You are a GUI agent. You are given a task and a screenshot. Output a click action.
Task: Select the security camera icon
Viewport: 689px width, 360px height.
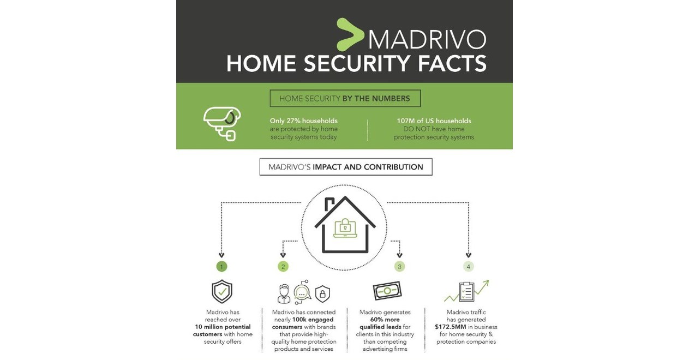coord(222,124)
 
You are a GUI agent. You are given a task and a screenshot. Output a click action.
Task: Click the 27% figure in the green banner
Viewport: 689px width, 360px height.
coord(292,121)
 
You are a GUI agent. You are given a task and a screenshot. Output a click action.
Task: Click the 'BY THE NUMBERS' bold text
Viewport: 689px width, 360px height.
coord(376,98)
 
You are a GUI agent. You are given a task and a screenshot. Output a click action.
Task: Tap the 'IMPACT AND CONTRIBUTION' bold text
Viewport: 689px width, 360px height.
coord(368,167)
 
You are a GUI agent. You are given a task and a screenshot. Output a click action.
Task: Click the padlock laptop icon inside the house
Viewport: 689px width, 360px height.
coord(345,228)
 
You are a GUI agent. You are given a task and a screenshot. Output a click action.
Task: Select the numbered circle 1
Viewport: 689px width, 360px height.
coord(221,267)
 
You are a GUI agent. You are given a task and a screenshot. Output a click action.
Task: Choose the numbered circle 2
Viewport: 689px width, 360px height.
coord(283,267)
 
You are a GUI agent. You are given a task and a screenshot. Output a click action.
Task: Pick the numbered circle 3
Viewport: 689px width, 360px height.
coord(399,267)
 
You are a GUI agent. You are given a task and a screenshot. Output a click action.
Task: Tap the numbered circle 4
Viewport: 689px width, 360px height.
coord(469,267)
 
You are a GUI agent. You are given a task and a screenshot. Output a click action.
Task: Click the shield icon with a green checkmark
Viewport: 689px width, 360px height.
coord(222,291)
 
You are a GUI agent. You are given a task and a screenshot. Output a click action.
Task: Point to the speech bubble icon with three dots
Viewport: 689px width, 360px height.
coord(302,293)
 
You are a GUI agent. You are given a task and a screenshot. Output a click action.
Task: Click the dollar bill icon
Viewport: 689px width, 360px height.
coord(387,291)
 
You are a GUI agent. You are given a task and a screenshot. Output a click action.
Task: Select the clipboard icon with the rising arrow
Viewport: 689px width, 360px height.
coord(466,291)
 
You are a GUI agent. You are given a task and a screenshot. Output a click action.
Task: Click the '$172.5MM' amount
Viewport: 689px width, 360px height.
coord(450,327)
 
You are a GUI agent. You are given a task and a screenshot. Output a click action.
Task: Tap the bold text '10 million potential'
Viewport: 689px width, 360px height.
coord(223,327)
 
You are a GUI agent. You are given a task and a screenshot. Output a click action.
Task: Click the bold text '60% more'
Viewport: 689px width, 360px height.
coord(385,320)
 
